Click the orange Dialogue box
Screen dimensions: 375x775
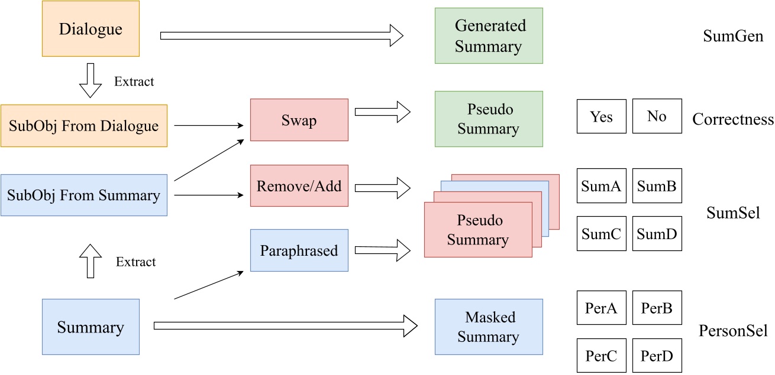tap(91, 29)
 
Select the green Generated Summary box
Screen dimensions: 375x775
tap(489, 35)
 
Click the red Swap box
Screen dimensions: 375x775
tap(299, 120)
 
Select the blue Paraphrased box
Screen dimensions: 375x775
tap(299, 250)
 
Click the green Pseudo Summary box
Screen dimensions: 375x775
tap(489, 119)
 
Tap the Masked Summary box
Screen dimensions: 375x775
tap(489, 327)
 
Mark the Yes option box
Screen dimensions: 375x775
tap(600, 116)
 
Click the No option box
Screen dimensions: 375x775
tap(657, 116)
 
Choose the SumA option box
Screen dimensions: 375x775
tap(600, 187)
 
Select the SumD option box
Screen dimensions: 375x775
tap(657, 233)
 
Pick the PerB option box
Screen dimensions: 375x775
tap(657, 308)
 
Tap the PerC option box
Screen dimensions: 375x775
tap(600, 355)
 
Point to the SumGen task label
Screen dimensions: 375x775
tap(733, 37)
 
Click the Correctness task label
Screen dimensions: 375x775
tap(733, 120)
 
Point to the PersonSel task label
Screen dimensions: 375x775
tap(733, 331)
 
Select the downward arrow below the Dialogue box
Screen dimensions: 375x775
tap(91, 81)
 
